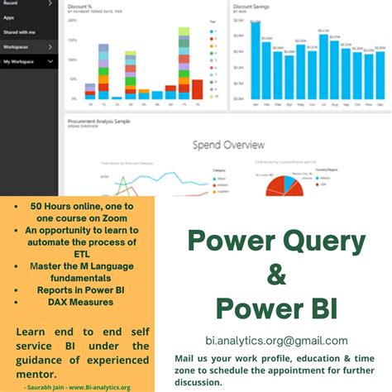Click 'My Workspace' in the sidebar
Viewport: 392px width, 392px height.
coord(20,62)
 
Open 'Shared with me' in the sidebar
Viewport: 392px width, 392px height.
coord(21,32)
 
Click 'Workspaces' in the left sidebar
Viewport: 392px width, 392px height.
coord(17,47)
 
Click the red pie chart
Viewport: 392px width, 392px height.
coord(280,187)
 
